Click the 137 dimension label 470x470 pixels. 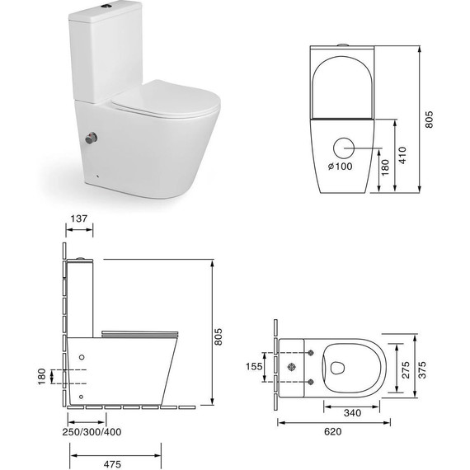click(80, 219)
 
